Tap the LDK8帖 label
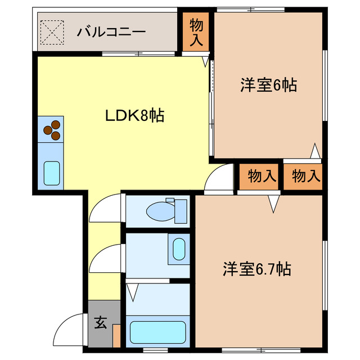[x=135, y=116]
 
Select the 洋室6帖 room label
[x=268, y=85]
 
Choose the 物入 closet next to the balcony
[x=196, y=32]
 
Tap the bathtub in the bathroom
[x=157, y=332]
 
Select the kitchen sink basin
[x=52, y=173]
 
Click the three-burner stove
[x=51, y=129]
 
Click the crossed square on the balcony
[x=52, y=31]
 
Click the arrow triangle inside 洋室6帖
[x=316, y=151]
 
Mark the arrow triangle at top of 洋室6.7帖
[x=274, y=203]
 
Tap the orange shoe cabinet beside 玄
[x=116, y=335]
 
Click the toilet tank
[x=181, y=210]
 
